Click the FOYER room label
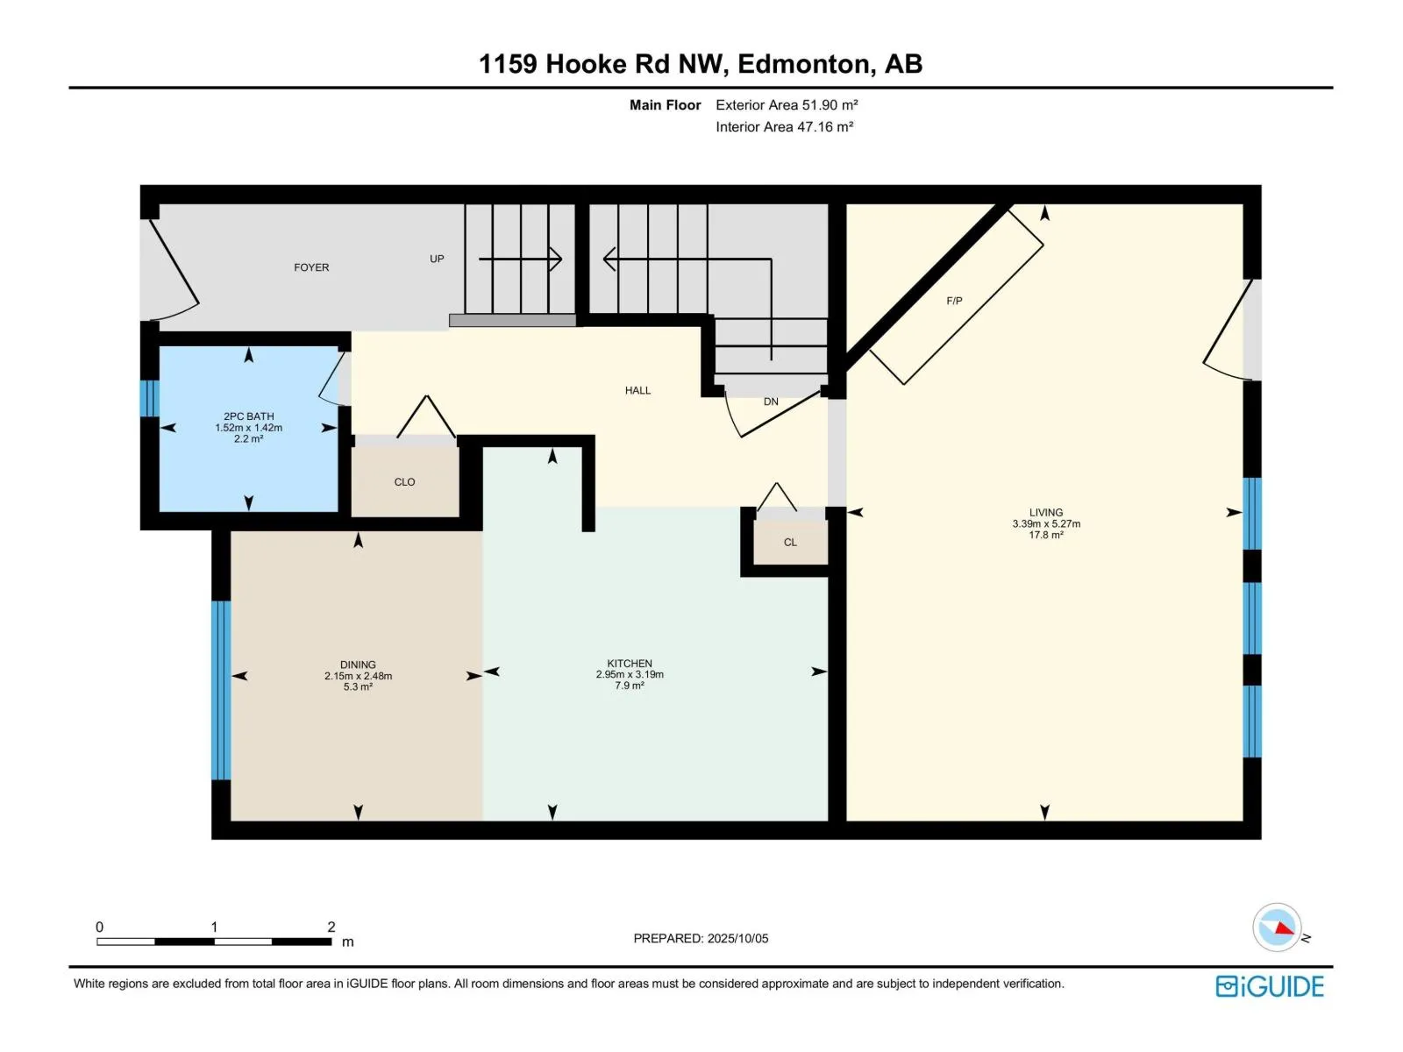pos(311,267)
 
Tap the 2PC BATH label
pos(249,416)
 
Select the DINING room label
pos(358,665)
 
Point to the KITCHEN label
pos(630,664)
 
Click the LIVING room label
pos(1046,512)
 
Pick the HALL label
pos(637,390)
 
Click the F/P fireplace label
pos(954,301)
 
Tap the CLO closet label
pos(404,482)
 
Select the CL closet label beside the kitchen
pos(791,543)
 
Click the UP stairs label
pos(437,259)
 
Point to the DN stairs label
pos(771,402)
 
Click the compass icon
pos(1277,928)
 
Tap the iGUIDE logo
pos(1270,987)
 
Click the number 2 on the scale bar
pos(331,927)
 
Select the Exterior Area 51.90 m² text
pos(787,104)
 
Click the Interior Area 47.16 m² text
pos(784,126)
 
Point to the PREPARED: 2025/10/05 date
pos(701,938)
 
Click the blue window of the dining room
pos(221,691)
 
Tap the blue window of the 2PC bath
pos(150,399)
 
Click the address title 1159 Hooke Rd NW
pos(603,65)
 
